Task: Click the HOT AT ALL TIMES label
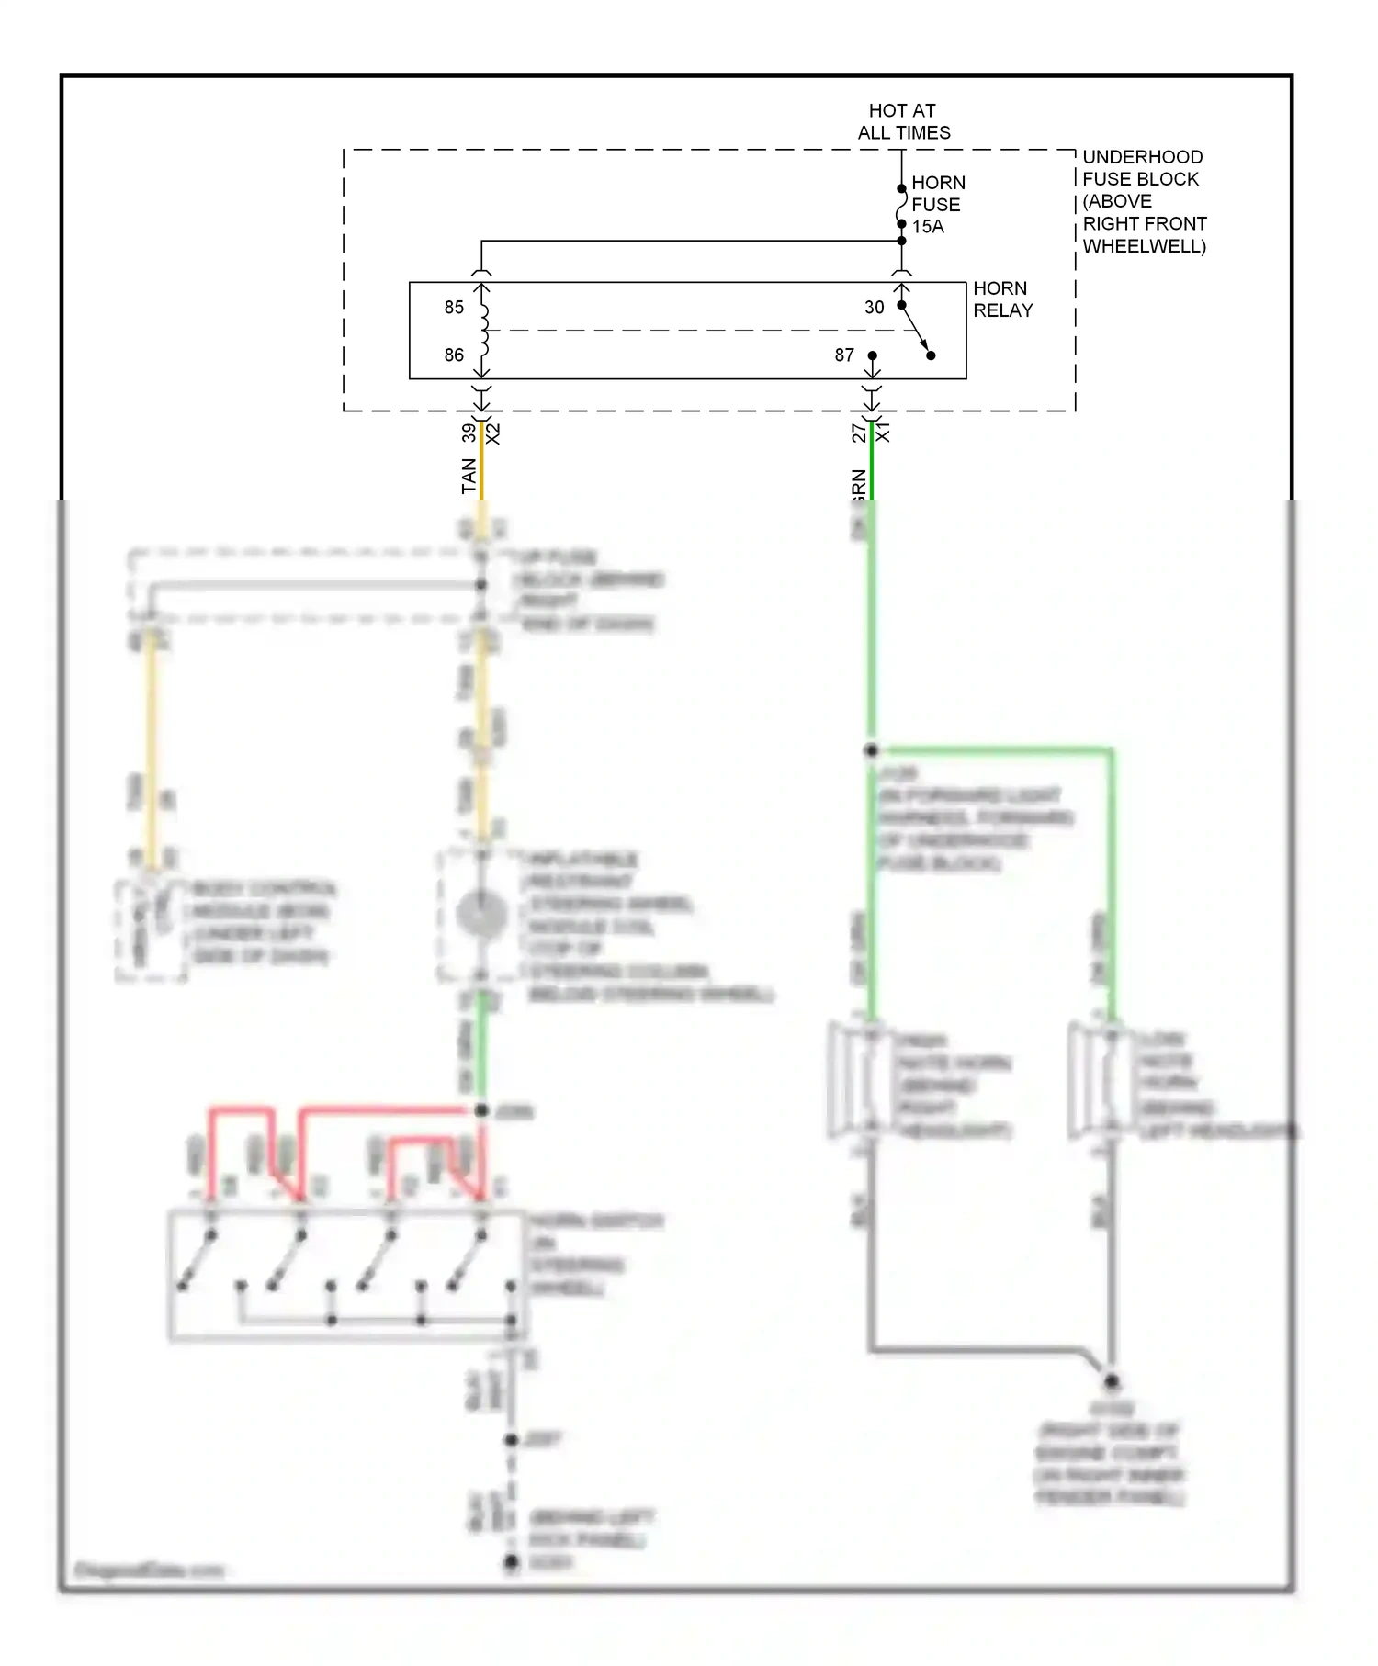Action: (x=903, y=121)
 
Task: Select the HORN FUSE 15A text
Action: (x=937, y=204)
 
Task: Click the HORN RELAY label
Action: (x=1002, y=299)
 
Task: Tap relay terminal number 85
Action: (x=454, y=308)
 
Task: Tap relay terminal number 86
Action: (x=454, y=355)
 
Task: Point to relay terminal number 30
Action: (x=874, y=308)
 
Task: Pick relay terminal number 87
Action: (x=844, y=355)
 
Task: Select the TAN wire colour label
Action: (x=469, y=476)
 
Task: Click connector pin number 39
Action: (x=469, y=432)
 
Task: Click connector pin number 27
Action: (x=859, y=433)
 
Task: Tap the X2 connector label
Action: (x=493, y=433)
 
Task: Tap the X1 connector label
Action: (x=883, y=432)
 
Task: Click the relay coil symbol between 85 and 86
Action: (x=483, y=332)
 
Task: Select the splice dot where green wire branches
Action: (x=871, y=750)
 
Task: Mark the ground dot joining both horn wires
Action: (x=1111, y=1381)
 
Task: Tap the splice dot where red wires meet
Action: (x=481, y=1110)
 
